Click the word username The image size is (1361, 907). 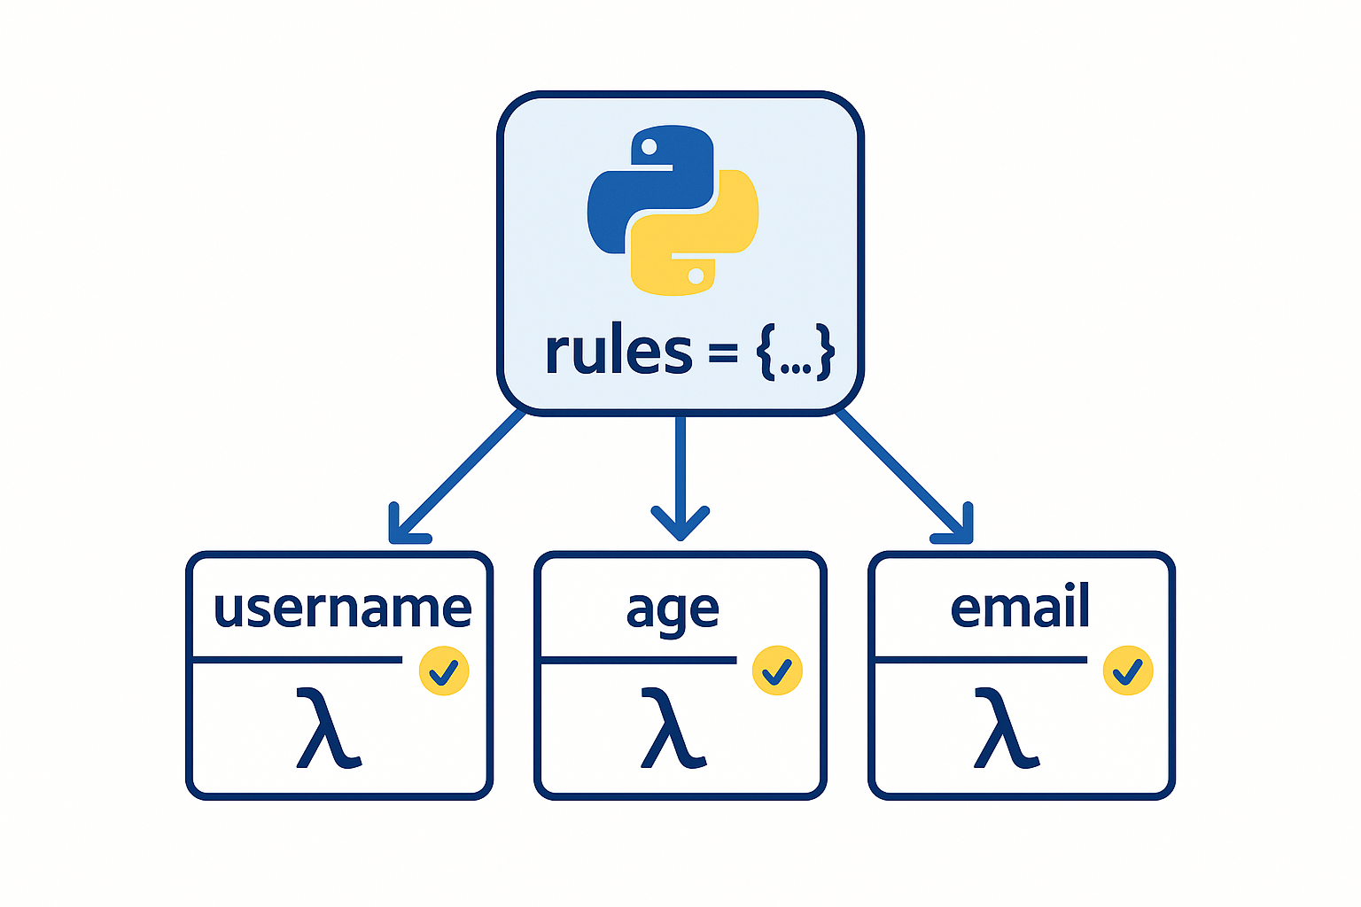pos(342,609)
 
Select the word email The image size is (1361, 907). pos(1019,608)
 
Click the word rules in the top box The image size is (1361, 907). pos(618,352)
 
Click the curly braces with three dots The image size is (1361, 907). pos(795,353)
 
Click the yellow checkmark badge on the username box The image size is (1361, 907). pos(444,671)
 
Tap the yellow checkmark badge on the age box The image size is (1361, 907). pos(777,671)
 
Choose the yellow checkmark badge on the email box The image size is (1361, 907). pos(1127,671)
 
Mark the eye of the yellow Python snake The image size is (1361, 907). pos(696,275)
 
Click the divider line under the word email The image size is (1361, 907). pos(981,660)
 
